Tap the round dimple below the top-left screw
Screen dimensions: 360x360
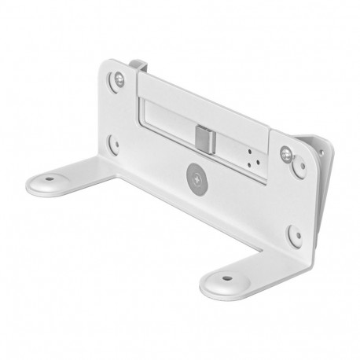(x=113, y=145)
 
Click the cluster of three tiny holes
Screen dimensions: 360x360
(x=252, y=155)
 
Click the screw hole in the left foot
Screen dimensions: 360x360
(x=51, y=178)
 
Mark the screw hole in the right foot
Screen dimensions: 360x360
(x=226, y=277)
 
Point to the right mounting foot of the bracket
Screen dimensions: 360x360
(x=232, y=275)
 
